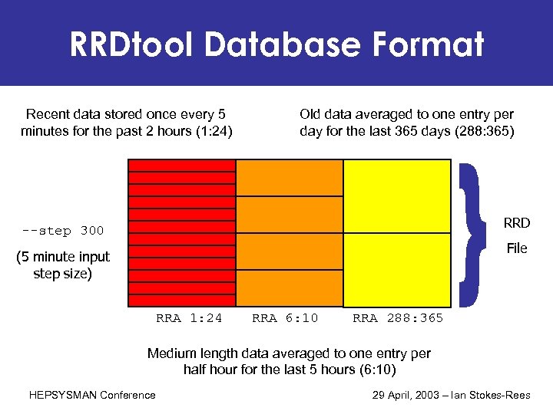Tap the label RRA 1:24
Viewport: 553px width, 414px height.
pos(189,318)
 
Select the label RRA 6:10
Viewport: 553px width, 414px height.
pos(285,318)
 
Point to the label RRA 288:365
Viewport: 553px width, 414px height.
pos(398,318)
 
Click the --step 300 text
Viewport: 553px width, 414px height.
pos(63,230)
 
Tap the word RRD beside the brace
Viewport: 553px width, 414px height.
pos(517,223)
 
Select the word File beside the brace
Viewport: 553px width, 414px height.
pos(517,248)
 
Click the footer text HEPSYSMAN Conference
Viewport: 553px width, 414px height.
pos(92,395)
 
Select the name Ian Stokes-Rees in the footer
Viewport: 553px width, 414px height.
pos(503,395)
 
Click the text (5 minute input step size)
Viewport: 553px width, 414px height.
pos(63,264)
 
